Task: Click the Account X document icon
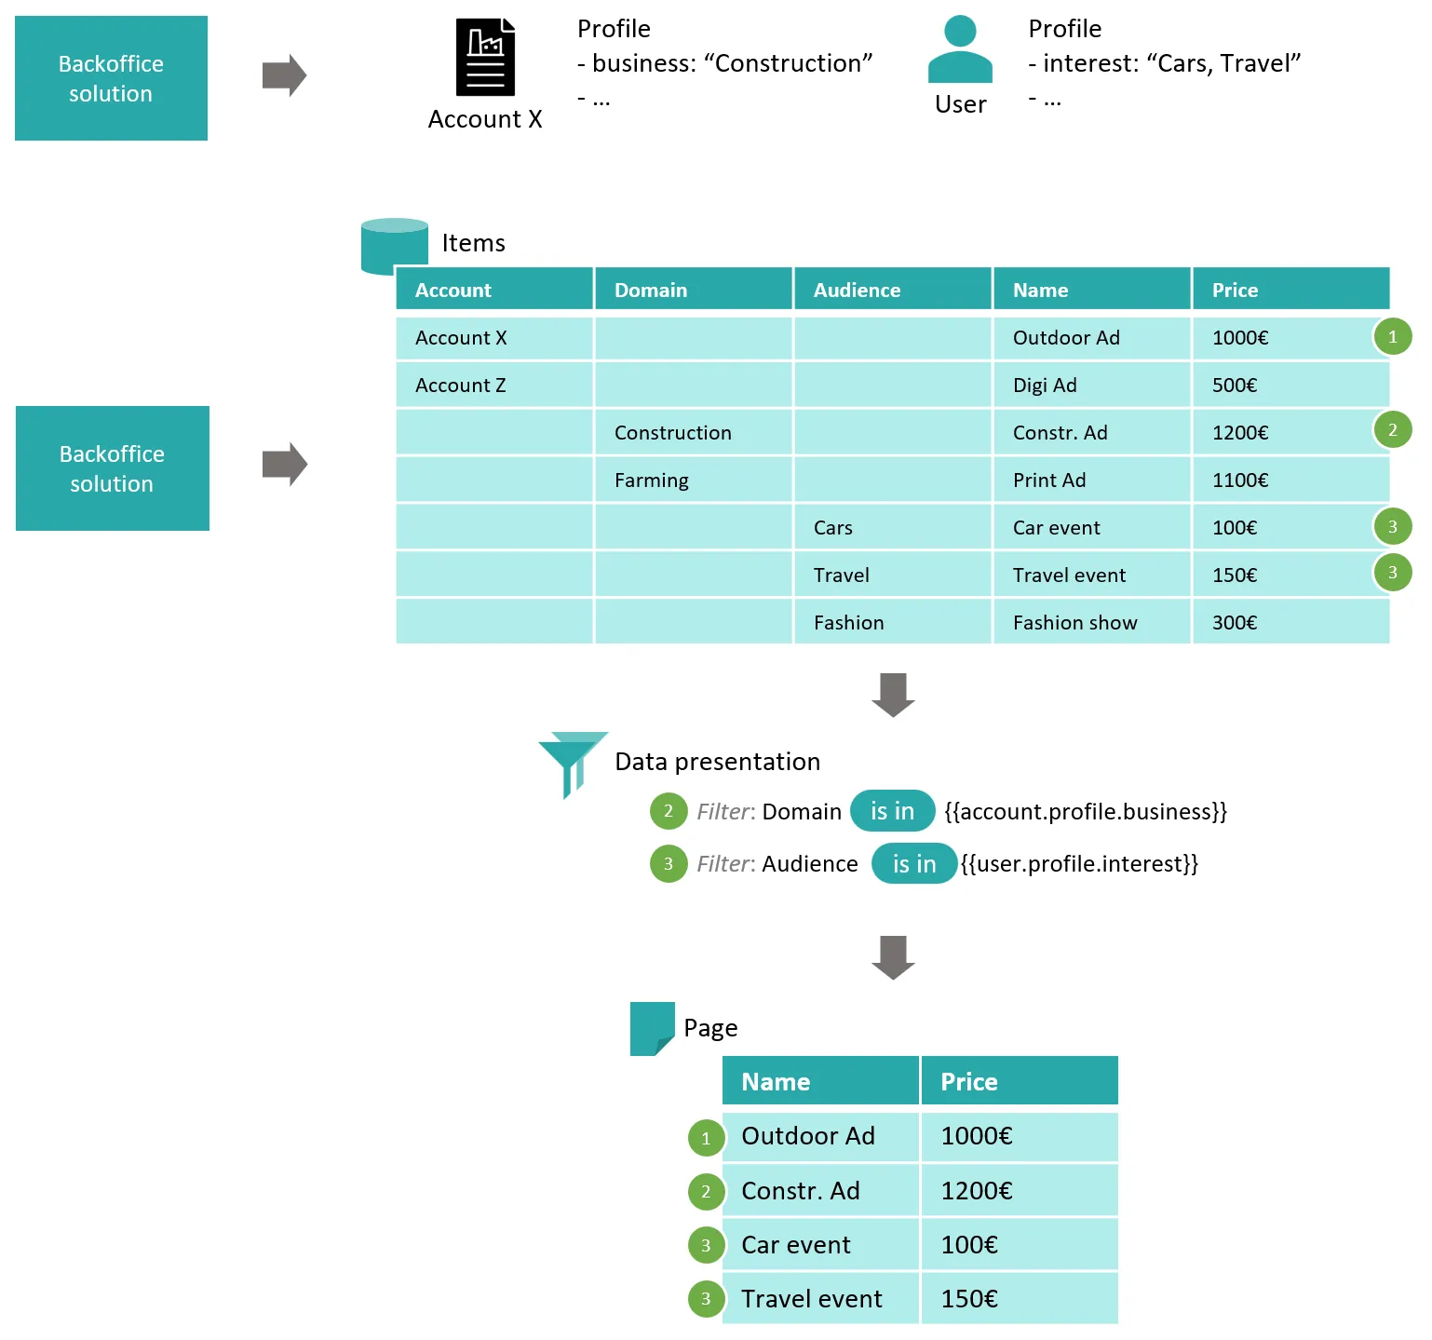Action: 485,57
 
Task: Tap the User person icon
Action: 960,50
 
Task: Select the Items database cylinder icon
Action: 394,247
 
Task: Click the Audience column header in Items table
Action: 892,290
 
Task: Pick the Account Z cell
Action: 493,386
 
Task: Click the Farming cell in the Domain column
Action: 693,481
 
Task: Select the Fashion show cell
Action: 1091,623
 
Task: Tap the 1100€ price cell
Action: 1290,481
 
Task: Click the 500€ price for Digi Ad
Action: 1290,386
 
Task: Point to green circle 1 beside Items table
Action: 1392,337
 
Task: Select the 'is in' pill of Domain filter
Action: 892,811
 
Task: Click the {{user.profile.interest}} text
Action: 1079,864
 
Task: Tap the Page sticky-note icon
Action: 652,1028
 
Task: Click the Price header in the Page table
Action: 1019,1082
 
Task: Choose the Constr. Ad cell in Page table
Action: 820,1191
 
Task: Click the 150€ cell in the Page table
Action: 1019,1299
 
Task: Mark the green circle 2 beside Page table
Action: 706,1192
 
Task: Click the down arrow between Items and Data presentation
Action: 893,695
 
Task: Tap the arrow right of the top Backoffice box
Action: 284,75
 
